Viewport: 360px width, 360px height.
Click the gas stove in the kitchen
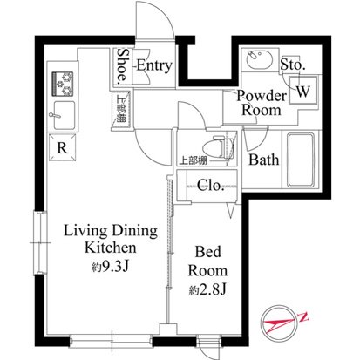63,84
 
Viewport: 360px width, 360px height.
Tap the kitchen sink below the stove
65,115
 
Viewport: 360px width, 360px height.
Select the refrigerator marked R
63,147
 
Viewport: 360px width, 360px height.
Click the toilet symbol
220,148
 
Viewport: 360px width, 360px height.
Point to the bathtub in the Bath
301,160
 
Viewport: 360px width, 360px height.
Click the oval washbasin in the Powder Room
260,59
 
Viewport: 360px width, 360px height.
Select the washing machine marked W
302,91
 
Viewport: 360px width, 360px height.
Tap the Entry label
154,66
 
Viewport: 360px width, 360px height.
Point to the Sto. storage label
293,65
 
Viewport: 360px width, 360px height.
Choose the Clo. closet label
210,185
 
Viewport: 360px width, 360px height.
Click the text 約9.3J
110,266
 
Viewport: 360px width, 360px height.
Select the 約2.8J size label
207,289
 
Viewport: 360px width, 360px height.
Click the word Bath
264,160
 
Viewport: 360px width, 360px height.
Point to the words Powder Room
262,103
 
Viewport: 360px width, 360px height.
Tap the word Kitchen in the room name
111,248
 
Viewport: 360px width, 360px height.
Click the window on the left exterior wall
40,243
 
